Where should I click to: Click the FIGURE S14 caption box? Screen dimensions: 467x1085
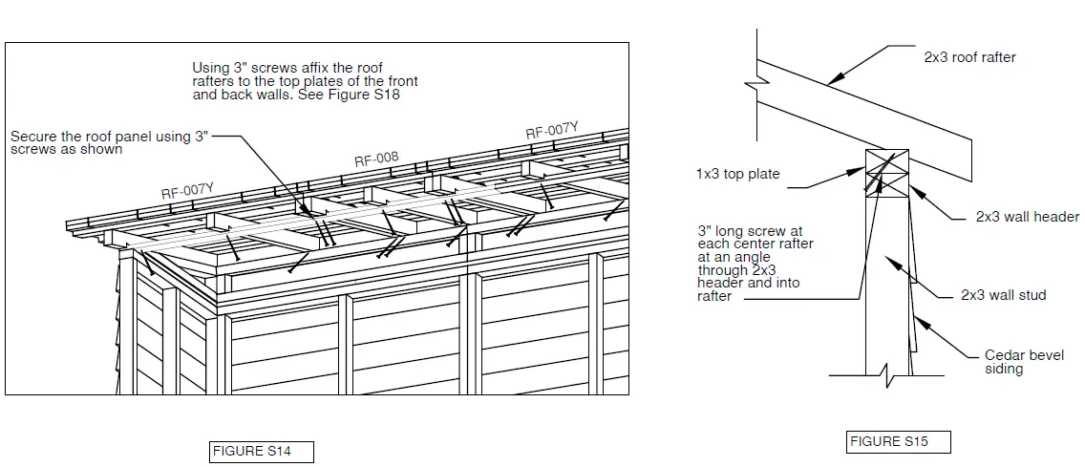click(x=262, y=452)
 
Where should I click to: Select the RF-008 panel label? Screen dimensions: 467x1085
click(x=376, y=160)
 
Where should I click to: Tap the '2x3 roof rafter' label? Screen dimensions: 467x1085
click(x=969, y=57)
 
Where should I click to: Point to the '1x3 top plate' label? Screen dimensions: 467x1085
click(x=737, y=174)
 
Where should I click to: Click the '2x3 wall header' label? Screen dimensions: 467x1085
click(x=1027, y=217)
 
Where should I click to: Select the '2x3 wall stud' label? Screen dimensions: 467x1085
click(x=1003, y=295)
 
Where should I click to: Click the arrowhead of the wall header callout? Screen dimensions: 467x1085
click(x=913, y=187)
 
